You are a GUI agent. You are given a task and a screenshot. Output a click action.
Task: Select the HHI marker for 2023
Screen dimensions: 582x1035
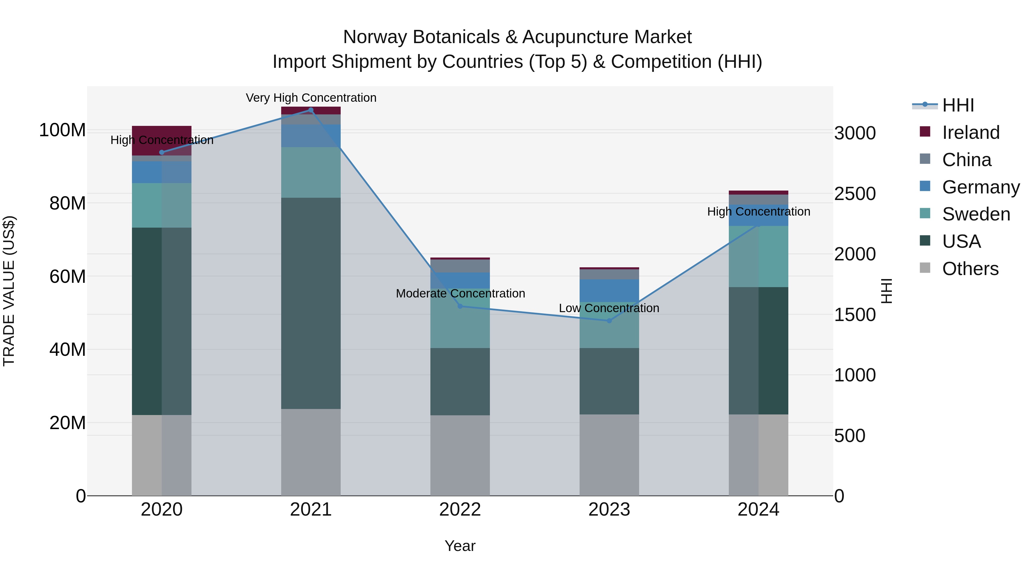coord(609,320)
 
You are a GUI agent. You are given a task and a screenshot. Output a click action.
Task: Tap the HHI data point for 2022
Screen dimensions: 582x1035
coord(460,306)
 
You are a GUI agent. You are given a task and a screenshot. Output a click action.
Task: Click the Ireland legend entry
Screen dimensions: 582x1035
coord(970,132)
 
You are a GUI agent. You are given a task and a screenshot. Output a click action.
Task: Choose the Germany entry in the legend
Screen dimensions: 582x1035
coord(980,187)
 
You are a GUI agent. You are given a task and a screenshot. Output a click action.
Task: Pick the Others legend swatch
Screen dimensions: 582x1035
coord(925,268)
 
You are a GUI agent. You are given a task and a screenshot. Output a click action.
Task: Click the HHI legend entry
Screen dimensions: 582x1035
coord(958,105)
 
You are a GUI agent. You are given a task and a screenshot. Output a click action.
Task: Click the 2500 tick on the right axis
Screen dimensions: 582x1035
coord(855,194)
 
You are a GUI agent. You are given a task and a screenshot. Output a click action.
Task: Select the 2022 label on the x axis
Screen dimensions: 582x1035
coord(460,510)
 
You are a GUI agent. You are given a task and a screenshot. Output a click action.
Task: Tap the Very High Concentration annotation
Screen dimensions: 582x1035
coord(311,98)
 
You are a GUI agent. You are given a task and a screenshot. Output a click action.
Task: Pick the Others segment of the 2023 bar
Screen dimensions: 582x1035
coord(609,455)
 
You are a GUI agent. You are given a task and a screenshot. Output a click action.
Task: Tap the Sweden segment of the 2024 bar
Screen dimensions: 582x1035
coord(759,257)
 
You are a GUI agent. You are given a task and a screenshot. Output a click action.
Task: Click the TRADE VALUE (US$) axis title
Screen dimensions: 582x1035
coord(9,291)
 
